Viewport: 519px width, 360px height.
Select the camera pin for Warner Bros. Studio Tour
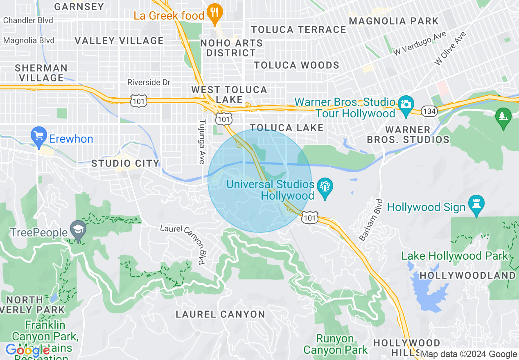pyautogui.click(x=406, y=103)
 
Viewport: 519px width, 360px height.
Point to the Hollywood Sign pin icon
pyautogui.click(x=476, y=205)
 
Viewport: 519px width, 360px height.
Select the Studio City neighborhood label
pyautogui.click(x=125, y=164)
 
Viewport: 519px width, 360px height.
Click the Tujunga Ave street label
pyautogui.click(x=201, y=142)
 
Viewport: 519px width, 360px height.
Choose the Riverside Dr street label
pyautogui.click(x=149, y=83)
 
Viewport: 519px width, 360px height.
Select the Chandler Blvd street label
pyautogui.click(x=28, y=20)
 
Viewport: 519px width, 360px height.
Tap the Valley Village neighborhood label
pyautogui.click(x=119, y=40)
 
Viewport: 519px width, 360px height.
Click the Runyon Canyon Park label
pyautogui.click(x=336, y=344)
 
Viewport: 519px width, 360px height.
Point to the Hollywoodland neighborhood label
pyautogui.click(x=467, y=275)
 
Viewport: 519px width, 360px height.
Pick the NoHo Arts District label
pyautogui.click(x=231, y=48)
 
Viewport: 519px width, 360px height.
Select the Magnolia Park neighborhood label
pyautogui.click(x=394, y=21)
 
